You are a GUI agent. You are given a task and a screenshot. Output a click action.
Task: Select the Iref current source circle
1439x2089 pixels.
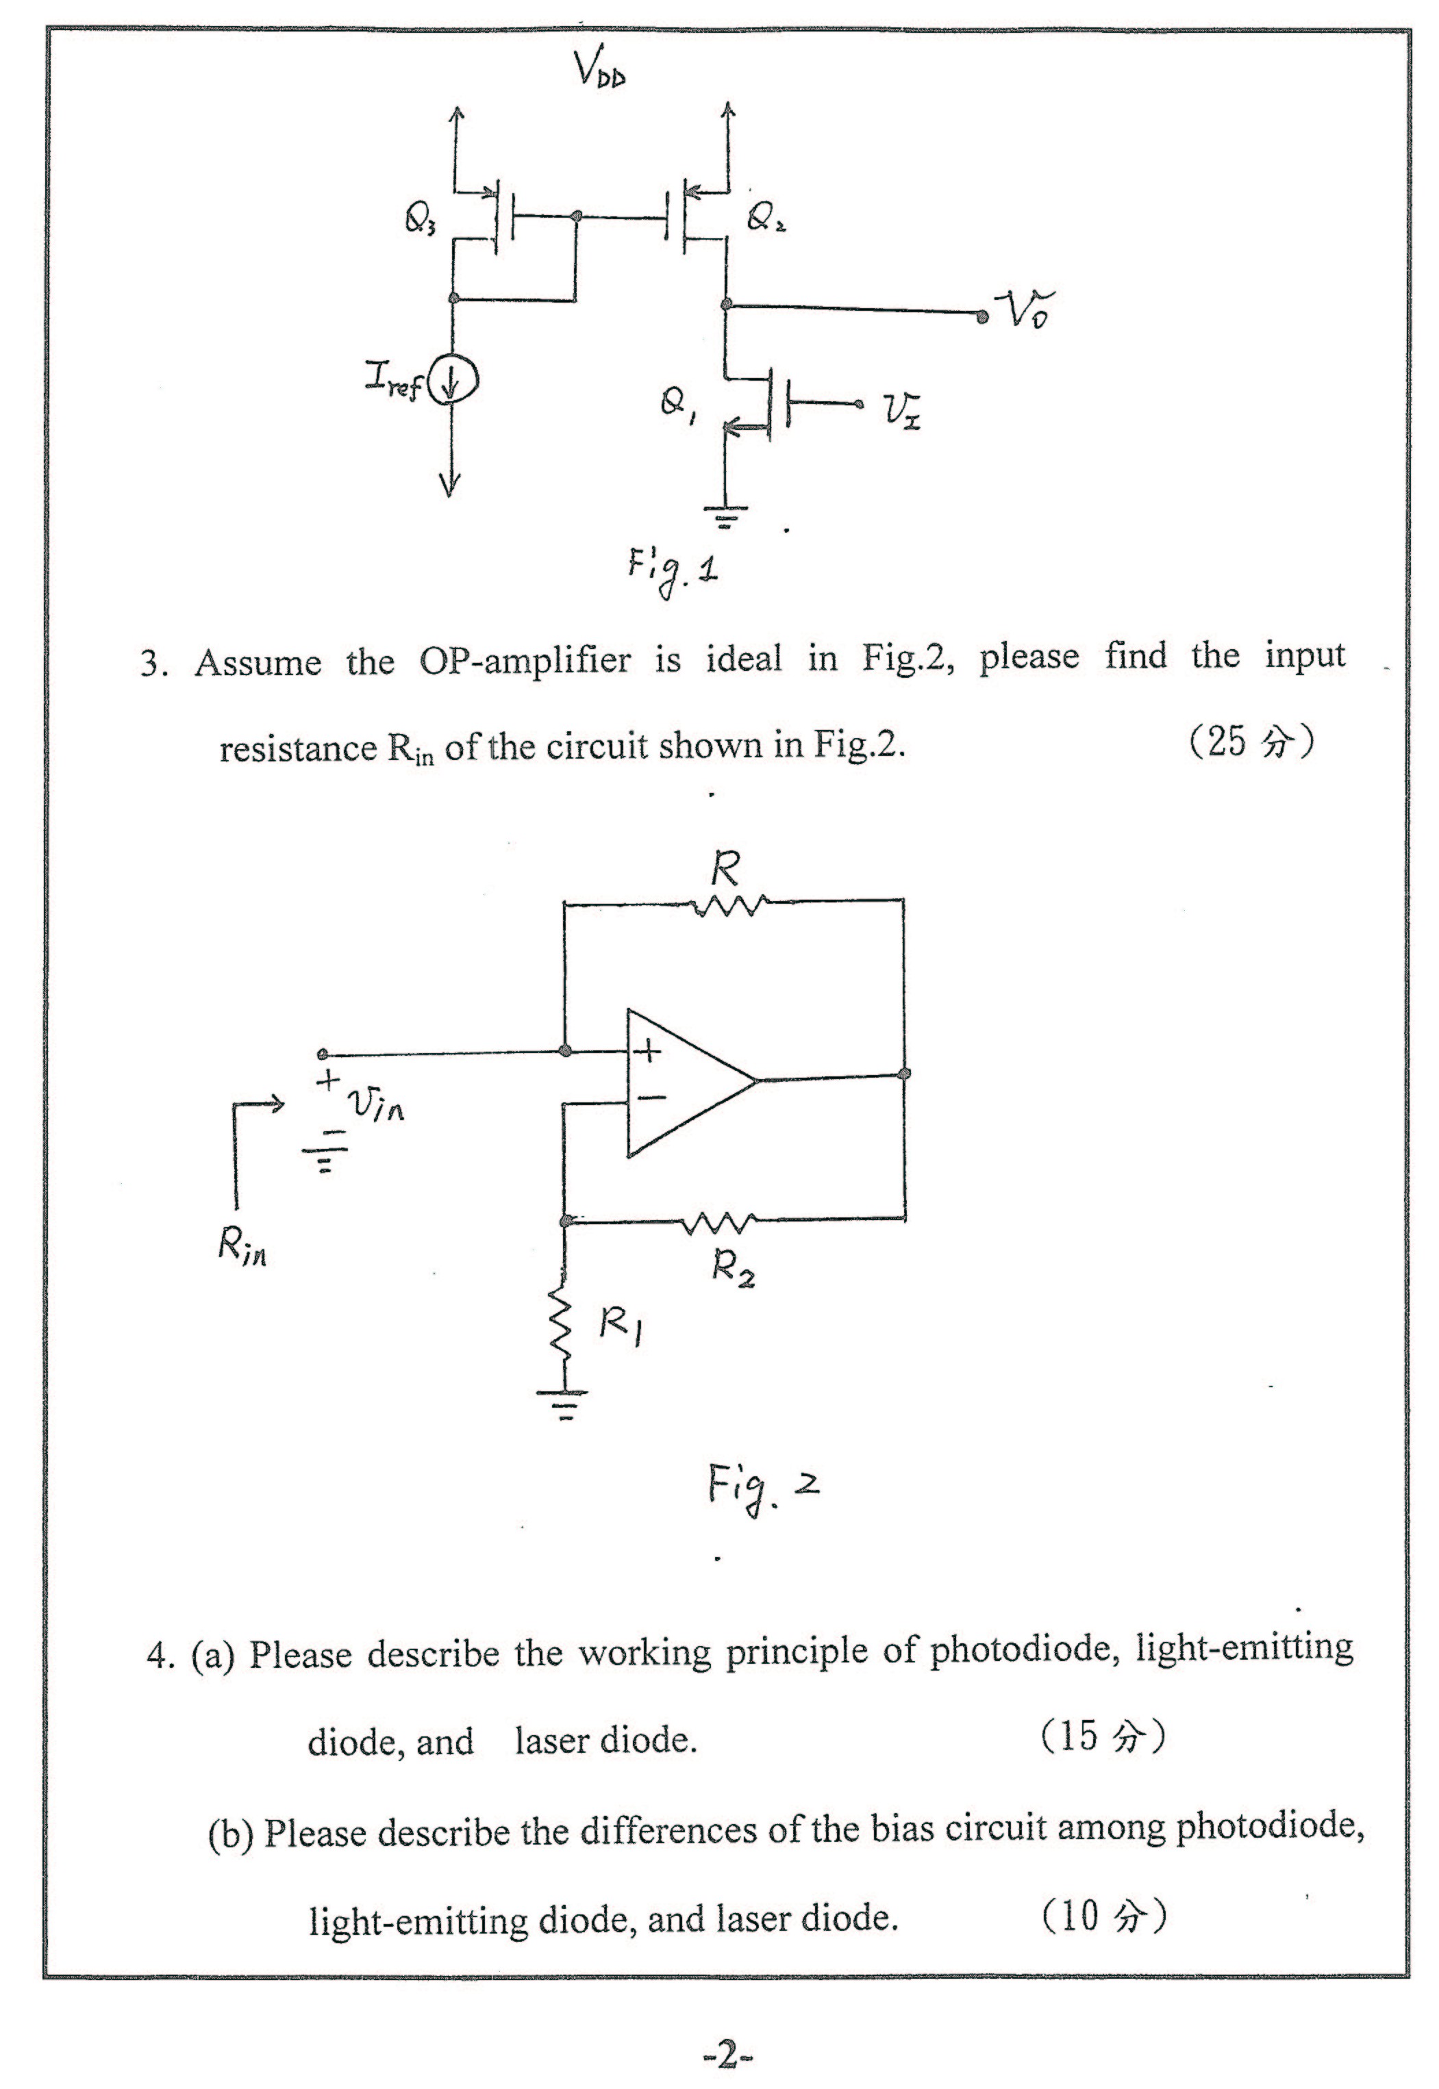(453, 385)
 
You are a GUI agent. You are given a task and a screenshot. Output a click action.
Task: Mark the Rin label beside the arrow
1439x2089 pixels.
(242, 1248)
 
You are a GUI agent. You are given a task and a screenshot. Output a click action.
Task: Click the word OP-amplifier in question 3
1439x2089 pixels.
(525, 661)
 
